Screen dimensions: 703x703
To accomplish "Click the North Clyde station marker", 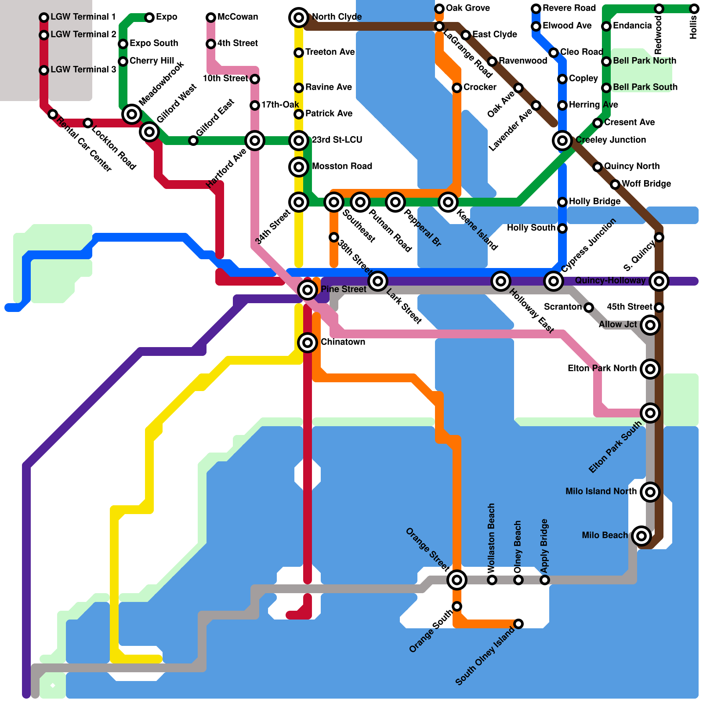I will tap(299, 18).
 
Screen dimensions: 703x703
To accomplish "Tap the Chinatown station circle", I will tap(308, 343).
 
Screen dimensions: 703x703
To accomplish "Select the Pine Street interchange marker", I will tap(308, 290).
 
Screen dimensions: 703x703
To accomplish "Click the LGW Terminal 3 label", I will tap(83, 69).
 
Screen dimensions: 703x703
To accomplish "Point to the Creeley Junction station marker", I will tap(562, 141).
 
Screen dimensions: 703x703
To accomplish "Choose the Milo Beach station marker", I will tap(641, 536).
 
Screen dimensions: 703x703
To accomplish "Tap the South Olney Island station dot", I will tap(518, 624).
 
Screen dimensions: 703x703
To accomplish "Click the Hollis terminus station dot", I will tap(694, 9).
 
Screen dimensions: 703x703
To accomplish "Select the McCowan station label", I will tap(238, 17).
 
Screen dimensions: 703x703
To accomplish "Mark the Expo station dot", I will tap(149, 18).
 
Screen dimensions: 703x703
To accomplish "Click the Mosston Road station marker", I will tap(299, 167).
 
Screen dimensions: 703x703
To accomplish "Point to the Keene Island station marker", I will tap(448, 202).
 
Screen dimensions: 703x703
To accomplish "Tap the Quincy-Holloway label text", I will tap(610, 280).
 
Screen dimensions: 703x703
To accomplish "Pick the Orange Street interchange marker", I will tap(457, 580).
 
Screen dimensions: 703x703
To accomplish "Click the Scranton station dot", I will tap(589, 308).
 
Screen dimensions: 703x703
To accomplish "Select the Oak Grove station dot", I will tap(439, 9).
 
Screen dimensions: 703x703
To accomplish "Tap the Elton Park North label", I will tap(602, 368).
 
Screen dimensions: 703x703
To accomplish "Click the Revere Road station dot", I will tap(536, 9).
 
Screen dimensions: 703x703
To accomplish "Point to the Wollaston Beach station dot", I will tap(492, 580).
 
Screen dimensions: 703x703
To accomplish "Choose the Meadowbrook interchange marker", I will tap(132, 114).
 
